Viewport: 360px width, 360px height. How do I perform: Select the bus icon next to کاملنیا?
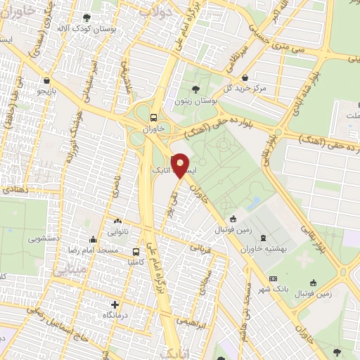(136, 251)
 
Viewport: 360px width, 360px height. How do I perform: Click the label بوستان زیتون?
(196, 101)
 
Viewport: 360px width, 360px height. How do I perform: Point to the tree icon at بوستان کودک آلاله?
(86, 18)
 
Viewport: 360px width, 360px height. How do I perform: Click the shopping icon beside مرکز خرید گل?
(244, 78)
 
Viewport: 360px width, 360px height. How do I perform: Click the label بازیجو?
(45, 92)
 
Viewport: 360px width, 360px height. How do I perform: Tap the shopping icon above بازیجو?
(46, 79)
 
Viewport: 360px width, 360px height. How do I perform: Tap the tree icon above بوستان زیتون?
(196, 88)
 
